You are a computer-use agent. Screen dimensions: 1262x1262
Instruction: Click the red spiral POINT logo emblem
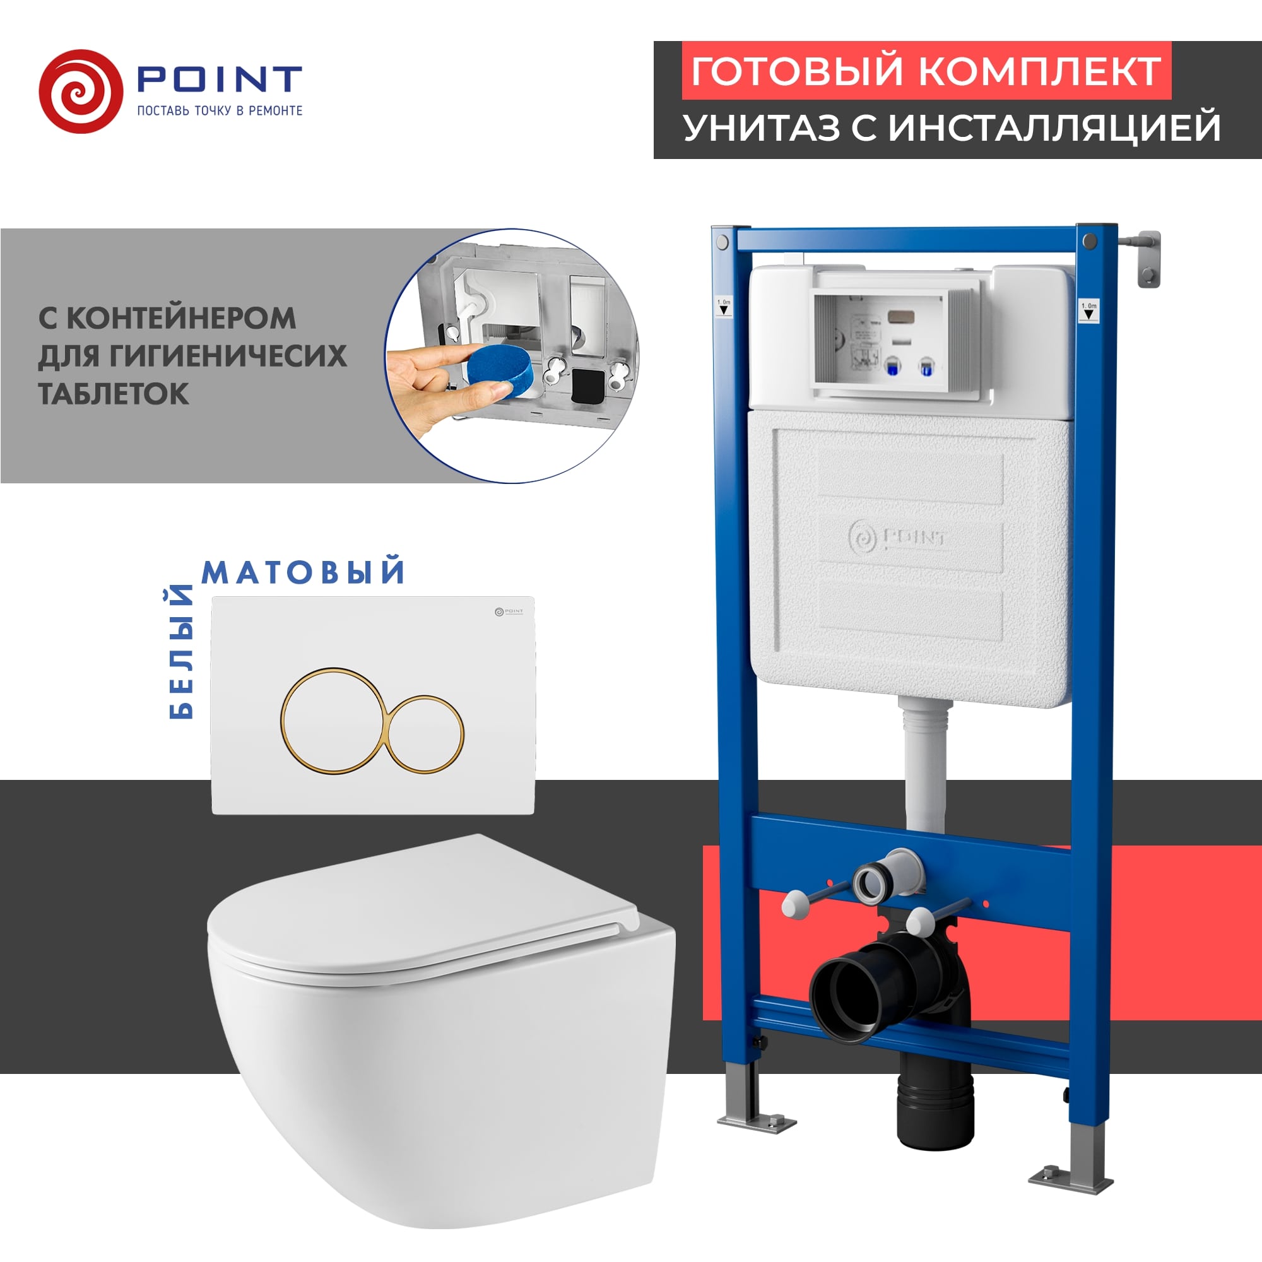[80, 91]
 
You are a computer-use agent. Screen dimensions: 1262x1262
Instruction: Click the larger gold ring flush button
[331, 721]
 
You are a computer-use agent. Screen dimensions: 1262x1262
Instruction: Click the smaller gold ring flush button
[425, 733]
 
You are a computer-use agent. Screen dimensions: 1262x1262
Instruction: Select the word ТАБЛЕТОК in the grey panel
[114, 394]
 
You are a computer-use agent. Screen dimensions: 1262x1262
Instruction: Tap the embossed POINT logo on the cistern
[898, 537]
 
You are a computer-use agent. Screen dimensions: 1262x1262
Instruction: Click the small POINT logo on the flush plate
[509, 611]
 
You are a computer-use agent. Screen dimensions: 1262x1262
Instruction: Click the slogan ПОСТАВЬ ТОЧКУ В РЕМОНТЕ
[220, 111]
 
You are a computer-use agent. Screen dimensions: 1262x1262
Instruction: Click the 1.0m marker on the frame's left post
[724, 307]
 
